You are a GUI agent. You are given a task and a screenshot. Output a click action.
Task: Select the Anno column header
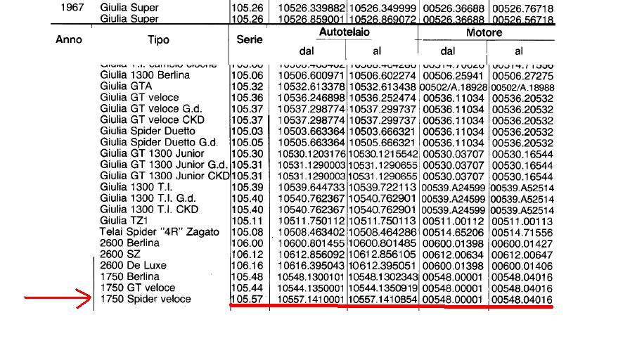coord(69,40)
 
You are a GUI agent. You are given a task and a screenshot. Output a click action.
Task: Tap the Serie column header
coord(249,40)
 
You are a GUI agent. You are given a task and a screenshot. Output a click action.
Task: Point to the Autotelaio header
coord(345,32)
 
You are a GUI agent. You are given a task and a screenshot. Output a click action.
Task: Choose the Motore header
coord(484,32)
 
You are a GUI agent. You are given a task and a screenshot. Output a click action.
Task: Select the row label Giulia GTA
coord(126,86)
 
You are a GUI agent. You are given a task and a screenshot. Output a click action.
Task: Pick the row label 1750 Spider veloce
coord(145,299)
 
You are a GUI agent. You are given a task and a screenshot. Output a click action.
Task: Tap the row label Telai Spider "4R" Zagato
coord(159,231)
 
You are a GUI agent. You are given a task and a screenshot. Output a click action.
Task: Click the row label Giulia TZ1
coord(123,220)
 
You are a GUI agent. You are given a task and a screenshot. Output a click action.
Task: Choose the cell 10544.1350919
coord(382,288)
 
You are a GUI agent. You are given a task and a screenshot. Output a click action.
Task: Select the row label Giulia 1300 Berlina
coord(144,75)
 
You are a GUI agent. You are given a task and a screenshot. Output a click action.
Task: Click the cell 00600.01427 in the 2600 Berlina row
coord(522,243)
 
